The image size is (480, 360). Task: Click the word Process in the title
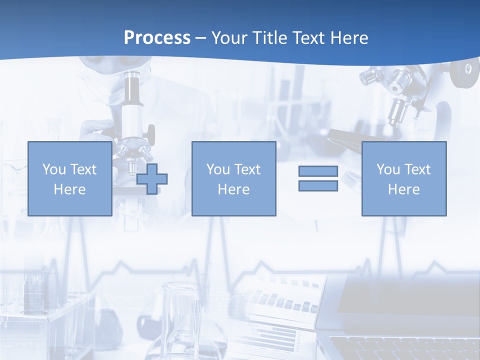coord(157,38)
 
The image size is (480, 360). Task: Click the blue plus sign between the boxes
coord(152,179)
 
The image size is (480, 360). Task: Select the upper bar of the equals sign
coord(318,171)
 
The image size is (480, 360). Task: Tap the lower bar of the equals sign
coord(318,186)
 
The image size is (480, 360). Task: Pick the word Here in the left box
coord(69,189)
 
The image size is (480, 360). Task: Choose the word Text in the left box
coord(82,169)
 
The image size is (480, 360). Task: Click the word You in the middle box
coord(218,169)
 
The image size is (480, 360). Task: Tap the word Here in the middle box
coord(233,189)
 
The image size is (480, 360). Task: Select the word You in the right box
coord(388,169)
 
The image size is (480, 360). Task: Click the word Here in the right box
coord(403,189)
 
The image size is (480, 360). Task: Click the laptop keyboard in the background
coord(400,347)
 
